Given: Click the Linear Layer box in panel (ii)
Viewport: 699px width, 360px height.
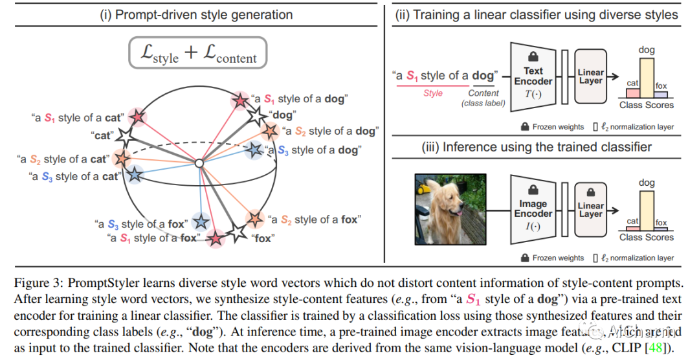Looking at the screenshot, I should [590, 76].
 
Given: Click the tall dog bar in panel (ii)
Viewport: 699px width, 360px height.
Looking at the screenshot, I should [646, 78].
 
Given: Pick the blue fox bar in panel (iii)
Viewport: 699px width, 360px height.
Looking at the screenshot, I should [661, 227].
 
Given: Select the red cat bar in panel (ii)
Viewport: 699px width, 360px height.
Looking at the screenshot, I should [632, 92].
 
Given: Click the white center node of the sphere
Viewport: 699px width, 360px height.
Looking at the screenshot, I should [200, 164].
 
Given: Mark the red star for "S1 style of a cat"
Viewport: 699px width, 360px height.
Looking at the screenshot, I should [137, 117].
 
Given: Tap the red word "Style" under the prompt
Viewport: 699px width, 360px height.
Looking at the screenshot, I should [433, 93].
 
